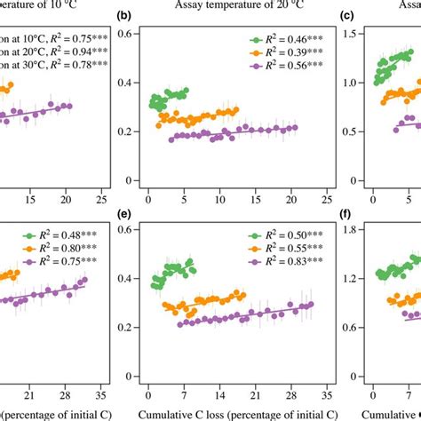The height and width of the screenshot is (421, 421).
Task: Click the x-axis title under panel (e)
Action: coord(238,413)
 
